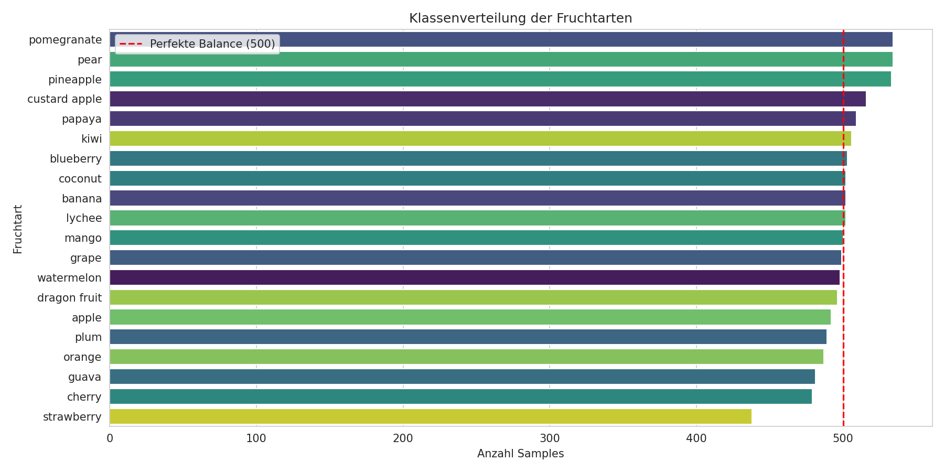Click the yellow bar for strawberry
430,416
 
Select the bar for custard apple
488,99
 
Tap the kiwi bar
480,139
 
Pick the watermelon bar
475,277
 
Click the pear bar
501,60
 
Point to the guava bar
462,377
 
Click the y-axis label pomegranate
65,40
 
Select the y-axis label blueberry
76,159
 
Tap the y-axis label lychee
84,218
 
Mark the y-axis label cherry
84,397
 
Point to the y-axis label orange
82,357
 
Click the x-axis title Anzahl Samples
520,454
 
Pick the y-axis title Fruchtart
18,229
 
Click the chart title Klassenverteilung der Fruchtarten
520,18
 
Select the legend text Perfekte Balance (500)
212,44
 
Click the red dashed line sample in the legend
131,44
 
